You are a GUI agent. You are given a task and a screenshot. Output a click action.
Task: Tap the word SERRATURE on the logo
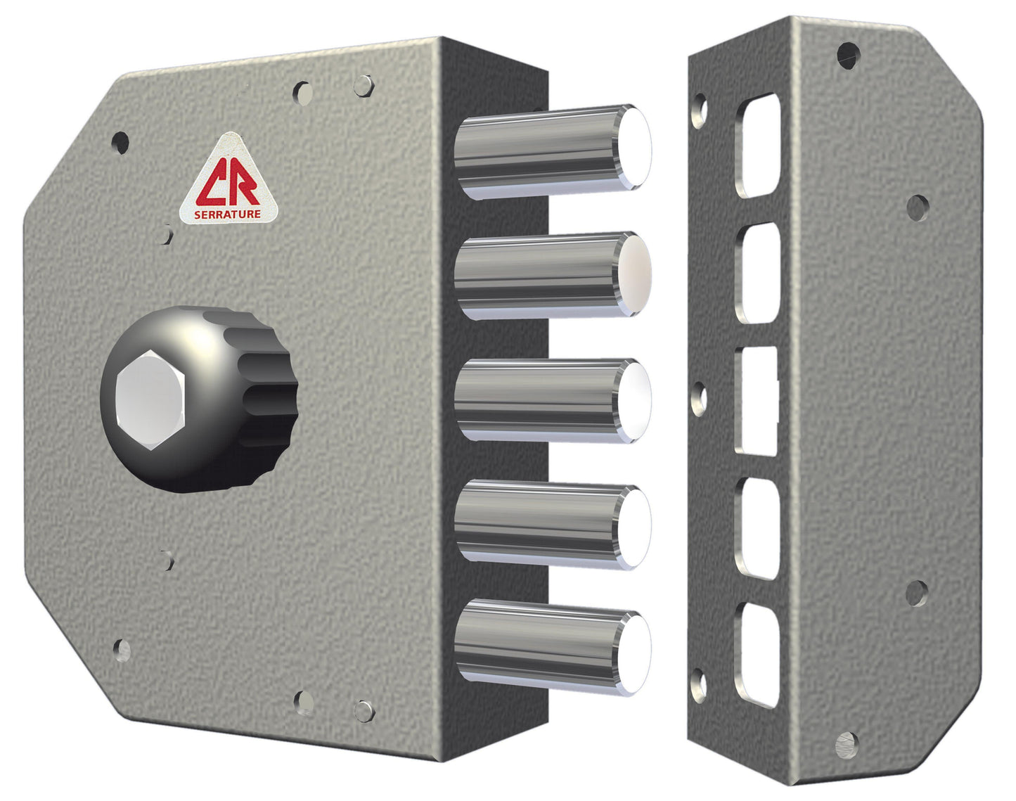(228, 214)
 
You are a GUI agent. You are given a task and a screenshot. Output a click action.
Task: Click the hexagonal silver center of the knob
(150, 399)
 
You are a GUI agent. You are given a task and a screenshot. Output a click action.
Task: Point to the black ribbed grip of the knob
(264, 397)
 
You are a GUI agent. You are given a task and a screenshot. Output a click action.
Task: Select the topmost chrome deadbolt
(553, 152)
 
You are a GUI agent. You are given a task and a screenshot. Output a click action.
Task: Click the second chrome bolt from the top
(553, 276)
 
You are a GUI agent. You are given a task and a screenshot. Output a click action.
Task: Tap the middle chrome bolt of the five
(553, 402)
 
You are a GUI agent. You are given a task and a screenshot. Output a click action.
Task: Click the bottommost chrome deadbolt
(553, 648)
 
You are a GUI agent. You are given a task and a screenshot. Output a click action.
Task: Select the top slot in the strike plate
(759, 146)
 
